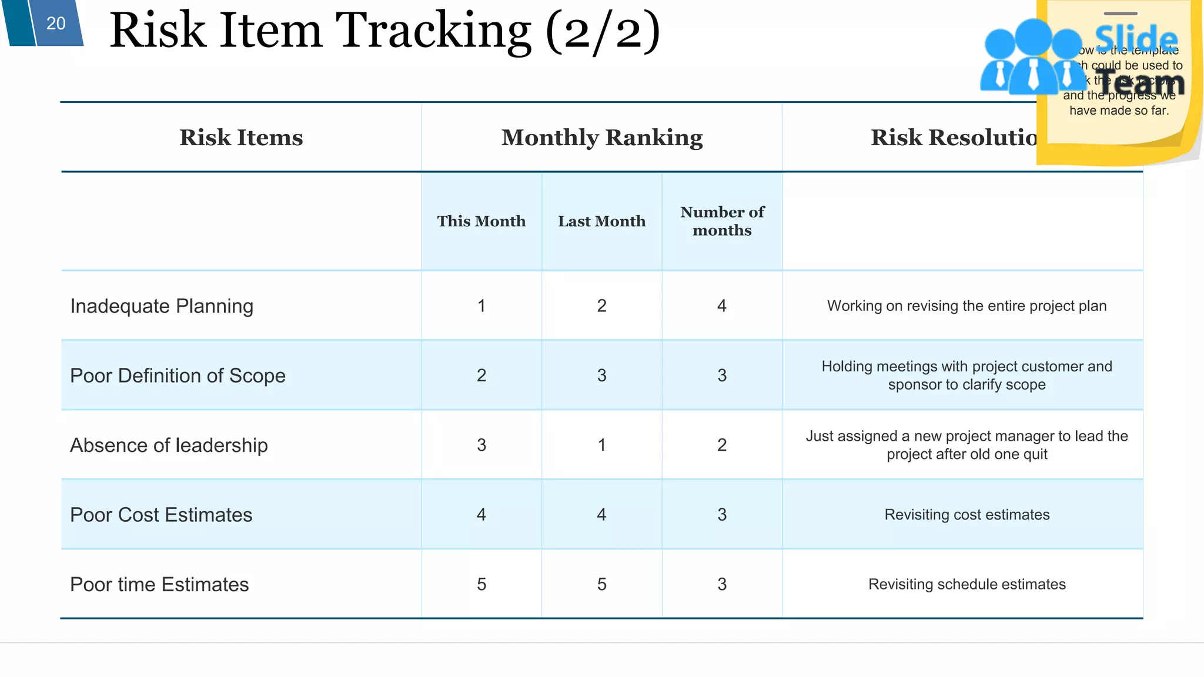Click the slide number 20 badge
tap(56, 24)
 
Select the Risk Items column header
tap(241, 138)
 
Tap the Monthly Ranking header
tap(602, 138)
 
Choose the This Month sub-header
tap(481, 221)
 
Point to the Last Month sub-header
tap(601, 221)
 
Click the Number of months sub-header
tap(722, 221)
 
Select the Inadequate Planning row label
tap(162, 306)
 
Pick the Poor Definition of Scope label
tap(178, 376)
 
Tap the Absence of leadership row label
tap(169, 445)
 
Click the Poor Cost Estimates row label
tap(161, 515)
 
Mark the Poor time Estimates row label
tap(159, 585)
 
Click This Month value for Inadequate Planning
tap(481, 306)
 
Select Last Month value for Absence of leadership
tap(601, 445)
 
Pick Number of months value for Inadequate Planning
tap(722, 306)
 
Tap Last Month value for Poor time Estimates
tap(601, 585)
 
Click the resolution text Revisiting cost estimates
tap(966, 515)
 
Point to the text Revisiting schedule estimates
tap(966, 585)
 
